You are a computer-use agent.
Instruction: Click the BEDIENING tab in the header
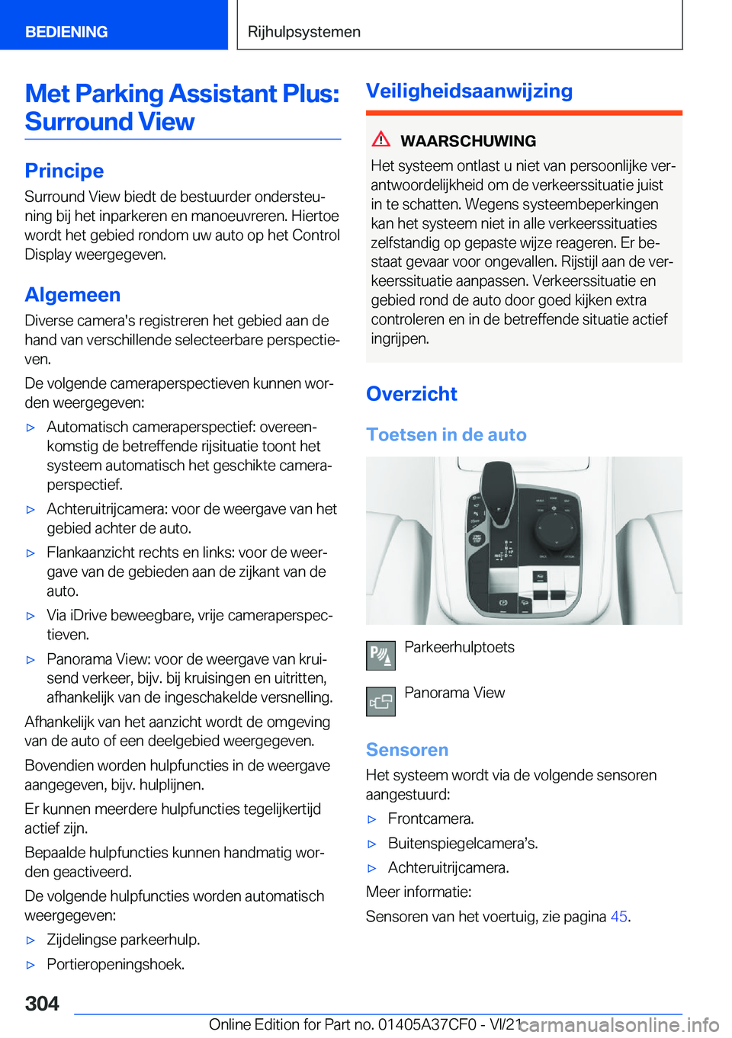(x=66, y=32)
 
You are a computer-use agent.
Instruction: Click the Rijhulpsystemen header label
(x=304, y=32)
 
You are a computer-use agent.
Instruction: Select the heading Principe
(x=64, y=171)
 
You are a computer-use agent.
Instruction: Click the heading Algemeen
(x=72, y=295)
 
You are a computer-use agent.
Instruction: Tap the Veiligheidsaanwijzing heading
(x=469, y=91)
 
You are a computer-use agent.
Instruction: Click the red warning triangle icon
(x=381, y=139)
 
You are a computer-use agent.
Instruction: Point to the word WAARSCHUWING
(x=468, y=141)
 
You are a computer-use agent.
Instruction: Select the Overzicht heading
(x=412, y=394)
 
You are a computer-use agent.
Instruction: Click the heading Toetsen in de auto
(x=446, y=435)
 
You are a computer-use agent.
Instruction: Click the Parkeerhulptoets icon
(x=380, y=655)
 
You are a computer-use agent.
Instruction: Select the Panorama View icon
(x=380, y=701)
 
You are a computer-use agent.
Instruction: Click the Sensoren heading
(x=407, y=750)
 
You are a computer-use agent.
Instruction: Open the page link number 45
(x=619, y=917)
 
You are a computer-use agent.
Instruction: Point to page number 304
(x=42, y=1004)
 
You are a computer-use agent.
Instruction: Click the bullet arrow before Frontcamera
(x=372, y=820)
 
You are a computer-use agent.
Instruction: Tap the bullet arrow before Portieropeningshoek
(x=31, y=966)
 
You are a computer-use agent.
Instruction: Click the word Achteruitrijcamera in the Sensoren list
(x=448, y=868)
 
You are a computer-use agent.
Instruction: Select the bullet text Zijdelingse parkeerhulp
(x=123, y=940)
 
